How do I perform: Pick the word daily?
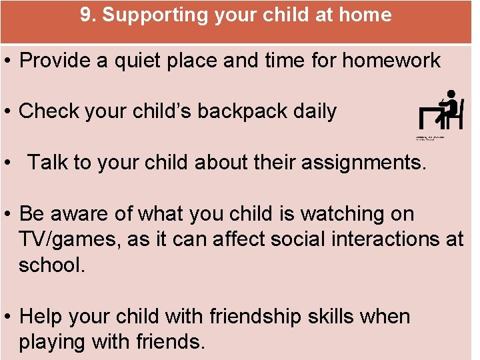[x=313, y=111]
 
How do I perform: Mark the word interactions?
[x=378, y=239]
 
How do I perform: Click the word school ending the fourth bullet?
[x=50, y=265]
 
